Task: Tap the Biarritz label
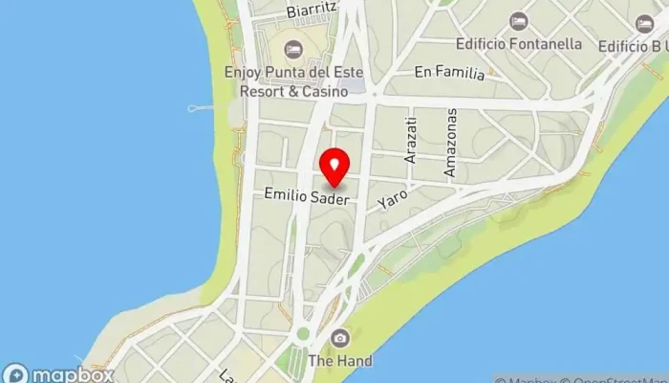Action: coord(311,12)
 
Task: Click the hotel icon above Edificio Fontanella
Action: coord(518,21)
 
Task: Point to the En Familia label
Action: coord(449,72)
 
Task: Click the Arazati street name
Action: coord(412,140)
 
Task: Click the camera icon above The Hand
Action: coord(340,337)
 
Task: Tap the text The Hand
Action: coord(341,361)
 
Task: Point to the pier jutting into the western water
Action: coord(204,107)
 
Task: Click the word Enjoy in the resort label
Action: coord(244,71)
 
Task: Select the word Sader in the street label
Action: coord(334,195)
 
